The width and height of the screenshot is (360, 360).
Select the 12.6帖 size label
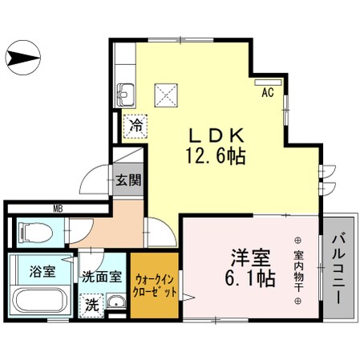(212, 156)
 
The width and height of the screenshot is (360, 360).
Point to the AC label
(268, 92)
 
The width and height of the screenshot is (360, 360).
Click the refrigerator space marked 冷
(136, 126)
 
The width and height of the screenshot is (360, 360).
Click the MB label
(58, 209)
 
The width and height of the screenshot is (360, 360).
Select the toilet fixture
(35, 233)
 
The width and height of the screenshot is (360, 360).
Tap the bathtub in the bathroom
(42, 303)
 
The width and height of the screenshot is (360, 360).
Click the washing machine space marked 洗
(91, 305)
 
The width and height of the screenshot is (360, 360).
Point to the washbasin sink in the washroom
(117, 305)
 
